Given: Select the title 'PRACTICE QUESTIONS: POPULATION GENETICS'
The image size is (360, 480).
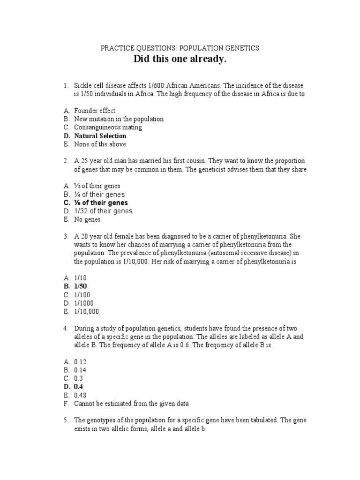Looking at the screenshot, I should pyautogui.click(x=180, y=48).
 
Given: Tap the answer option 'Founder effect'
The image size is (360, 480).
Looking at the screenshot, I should pyautogui.click(x=95, y=111).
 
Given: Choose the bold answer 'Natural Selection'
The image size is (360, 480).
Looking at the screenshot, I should pyautogui.click(x=100, y=136).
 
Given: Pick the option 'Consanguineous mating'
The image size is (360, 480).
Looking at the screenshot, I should pyautogui.click(x=108, y=127).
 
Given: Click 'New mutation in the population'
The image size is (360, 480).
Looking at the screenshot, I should pyautogui.click(x=119, y=119).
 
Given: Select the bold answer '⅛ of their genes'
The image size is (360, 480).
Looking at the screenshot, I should pyautogui.click(x=101, y=202).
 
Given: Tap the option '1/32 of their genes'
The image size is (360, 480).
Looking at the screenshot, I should pyautogui.click(x=103, y=211).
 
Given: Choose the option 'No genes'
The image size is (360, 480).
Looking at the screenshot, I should pyautogui.click(x=87, y=219).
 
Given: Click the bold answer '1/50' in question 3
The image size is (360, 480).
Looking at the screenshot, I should pyautogui.click(x=81, y=286).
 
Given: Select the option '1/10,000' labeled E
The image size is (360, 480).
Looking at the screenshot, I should pyautogui.click(x=86, y=311).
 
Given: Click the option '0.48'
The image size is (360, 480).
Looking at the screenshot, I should pyautogui.click(x=80, y=395).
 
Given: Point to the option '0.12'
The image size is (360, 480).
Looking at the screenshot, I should pyautogui.click(x=80, y=361).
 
